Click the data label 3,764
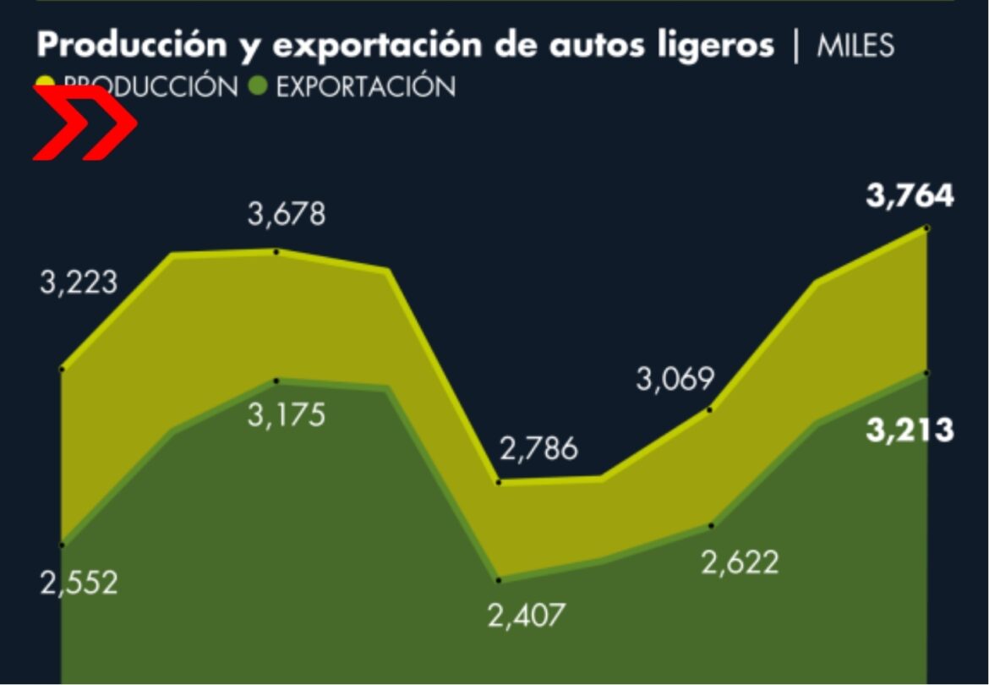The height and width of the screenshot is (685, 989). (910, 197)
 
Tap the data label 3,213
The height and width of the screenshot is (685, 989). (910, 430)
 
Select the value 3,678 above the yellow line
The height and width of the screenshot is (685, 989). (286, 215)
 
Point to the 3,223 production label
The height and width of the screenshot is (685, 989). (79, 283)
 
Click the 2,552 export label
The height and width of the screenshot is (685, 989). (79, 583)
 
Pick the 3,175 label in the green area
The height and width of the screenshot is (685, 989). (286, 416)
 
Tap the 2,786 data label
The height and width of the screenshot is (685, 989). (538, 449)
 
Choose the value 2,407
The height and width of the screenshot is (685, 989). (526, 615)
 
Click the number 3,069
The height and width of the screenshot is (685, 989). (675, 380)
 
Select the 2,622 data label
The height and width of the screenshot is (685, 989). (740, 562)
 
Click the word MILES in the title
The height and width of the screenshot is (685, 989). (855, 47)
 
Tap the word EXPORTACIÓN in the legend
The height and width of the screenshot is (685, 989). (366, 86)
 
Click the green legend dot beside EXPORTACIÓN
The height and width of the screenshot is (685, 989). (260, 86)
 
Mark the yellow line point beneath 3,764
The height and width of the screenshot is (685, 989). (927, 227)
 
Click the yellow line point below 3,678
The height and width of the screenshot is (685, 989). (276, 250)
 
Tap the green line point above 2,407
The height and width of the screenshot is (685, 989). (499, 580)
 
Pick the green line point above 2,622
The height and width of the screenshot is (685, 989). (711, 525)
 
